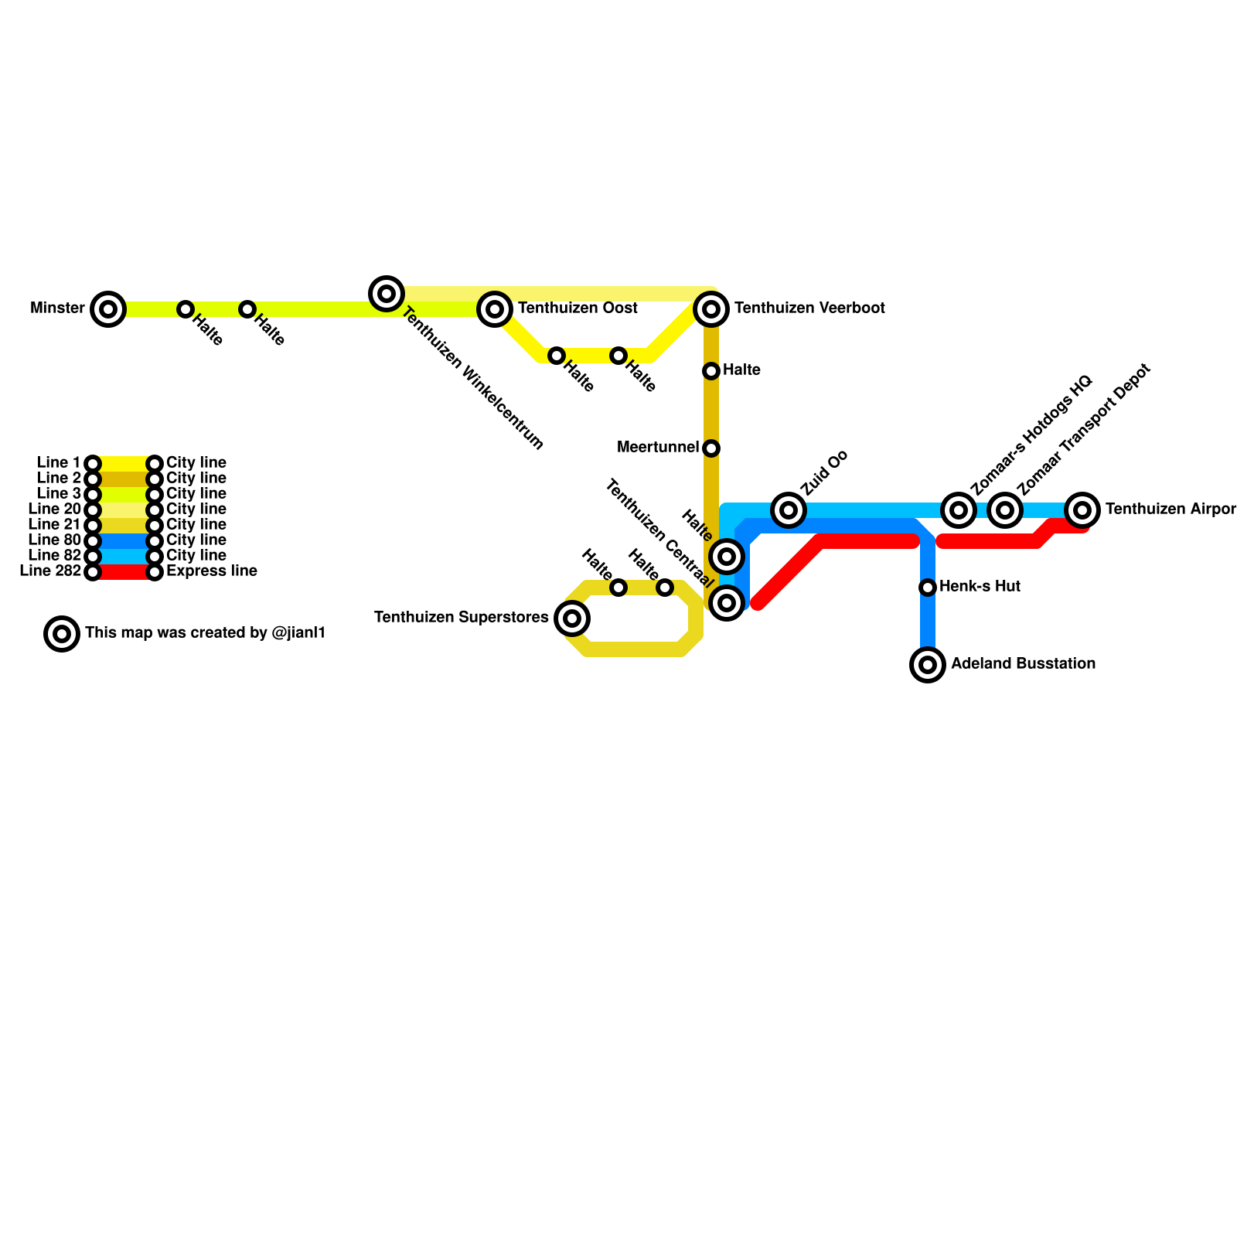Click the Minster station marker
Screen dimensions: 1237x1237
coord(108,309)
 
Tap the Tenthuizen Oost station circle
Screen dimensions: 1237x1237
coord(495,309)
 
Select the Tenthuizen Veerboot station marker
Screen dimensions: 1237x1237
coord(711,309)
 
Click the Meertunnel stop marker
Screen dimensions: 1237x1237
coord(711,448)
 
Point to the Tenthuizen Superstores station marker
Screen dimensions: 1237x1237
coord(572,618)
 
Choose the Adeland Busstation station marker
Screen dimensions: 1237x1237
coord(928,665)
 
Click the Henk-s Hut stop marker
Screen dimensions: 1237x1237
coord(928,588)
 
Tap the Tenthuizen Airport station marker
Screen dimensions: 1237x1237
coord(1082,510)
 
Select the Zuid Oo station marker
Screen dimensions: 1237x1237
coord(789,510)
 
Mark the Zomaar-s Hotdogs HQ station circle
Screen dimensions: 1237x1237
coord(959,510)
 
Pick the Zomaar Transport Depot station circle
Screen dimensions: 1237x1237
coord(1005,510)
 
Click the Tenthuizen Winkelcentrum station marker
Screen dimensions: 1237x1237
coord(387,294)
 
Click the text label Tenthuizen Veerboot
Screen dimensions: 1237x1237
coord(809,308)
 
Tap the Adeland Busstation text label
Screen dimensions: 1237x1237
coord(1022,664)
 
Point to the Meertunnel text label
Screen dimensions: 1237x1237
coord(657,448)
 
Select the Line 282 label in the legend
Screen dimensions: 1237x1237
coord(50,571)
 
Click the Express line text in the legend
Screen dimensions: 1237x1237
coord(211,571)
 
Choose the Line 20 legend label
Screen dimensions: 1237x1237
coord(54,509)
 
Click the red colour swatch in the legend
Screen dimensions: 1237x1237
coord(124,572)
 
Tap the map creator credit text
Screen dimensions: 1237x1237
coord(205,633)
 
